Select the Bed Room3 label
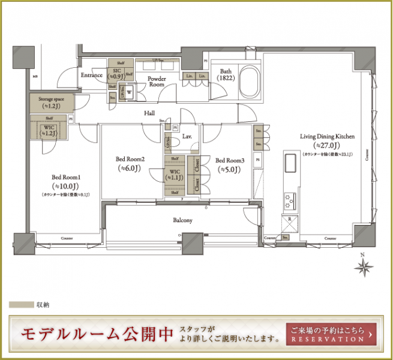click(230, 160)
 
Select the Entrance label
click(93, 76)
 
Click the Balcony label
click(182, 220)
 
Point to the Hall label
click(150, 113)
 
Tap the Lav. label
click(187, 137)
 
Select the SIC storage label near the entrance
click(115, 73)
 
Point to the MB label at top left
click(34, 76)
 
